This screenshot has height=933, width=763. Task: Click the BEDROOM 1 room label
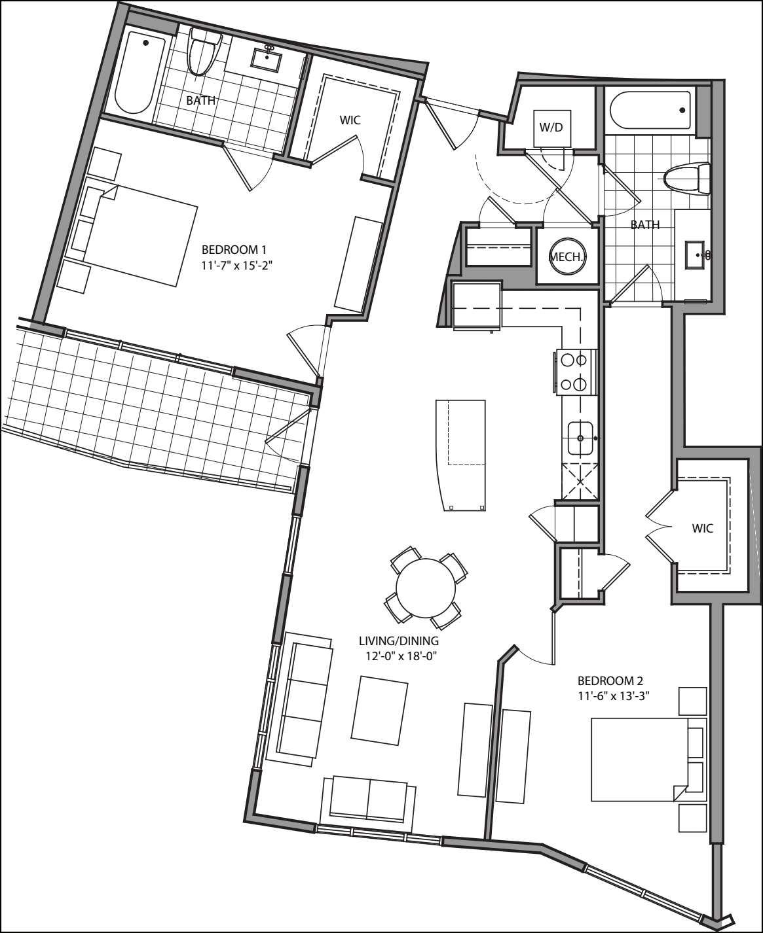[x=234, y=249]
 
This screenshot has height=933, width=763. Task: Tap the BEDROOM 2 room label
[x=606, y=680]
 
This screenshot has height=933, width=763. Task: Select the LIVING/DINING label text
[x=398, y=641]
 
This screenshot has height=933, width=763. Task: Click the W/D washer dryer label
[x=551, y=127]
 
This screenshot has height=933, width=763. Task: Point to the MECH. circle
[x=567, y=257]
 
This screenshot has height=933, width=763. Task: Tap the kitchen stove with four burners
[x=576, y=372]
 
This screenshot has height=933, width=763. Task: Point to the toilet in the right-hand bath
[x=686, y=179]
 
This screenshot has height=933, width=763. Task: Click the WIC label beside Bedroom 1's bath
[x=350, y=120]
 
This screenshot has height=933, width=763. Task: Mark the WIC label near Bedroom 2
[x=702, y=528]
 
